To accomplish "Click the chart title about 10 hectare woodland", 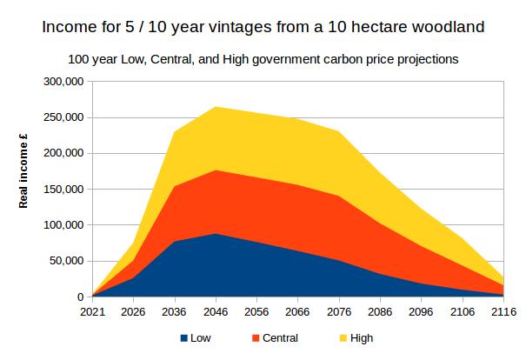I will click(x=263, y=26).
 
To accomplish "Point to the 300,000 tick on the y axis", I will click(x=63, y=82).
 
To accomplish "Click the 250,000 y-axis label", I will click(x=63, y=117).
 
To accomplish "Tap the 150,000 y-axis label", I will click(x=63, y=190).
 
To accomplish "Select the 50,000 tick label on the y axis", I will click(x=66, y=261).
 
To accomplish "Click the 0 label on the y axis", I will click(x=79, y=297).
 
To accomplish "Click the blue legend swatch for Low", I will click(x=184, y=339).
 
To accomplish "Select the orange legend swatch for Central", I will click(x=256, y=339).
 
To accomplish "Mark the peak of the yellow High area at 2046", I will click(x=215, y=107).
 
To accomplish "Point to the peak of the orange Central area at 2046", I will click(x=215, y=170).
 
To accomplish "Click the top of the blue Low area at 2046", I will click(x=215, y=234).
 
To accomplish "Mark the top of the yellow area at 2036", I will click(x=174, y=132).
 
